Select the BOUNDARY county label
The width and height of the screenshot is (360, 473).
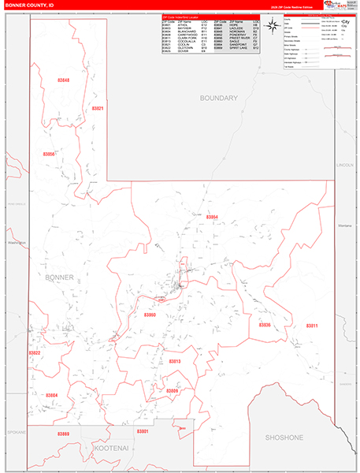218,98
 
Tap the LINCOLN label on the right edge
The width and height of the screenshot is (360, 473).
345,165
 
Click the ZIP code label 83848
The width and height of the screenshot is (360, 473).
64,80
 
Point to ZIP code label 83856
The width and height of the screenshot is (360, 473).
49,154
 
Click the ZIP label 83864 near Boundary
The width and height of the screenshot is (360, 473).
212,216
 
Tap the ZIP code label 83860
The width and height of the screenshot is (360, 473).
150,315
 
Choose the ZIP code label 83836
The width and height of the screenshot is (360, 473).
265,324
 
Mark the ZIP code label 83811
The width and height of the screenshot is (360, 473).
312,325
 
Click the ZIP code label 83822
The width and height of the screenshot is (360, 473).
35,353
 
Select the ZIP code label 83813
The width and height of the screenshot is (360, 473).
174,361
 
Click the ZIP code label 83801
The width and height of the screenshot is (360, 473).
142,431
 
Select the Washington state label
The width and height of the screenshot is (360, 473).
17,242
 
